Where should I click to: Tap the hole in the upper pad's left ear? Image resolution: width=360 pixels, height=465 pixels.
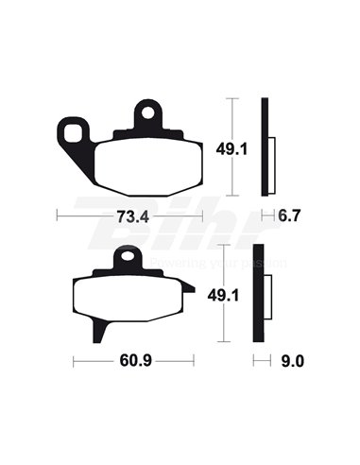[70, 129]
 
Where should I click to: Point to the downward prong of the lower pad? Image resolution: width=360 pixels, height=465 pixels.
[99, 331]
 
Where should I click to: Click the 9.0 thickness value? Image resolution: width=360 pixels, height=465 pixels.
[293, 360]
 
